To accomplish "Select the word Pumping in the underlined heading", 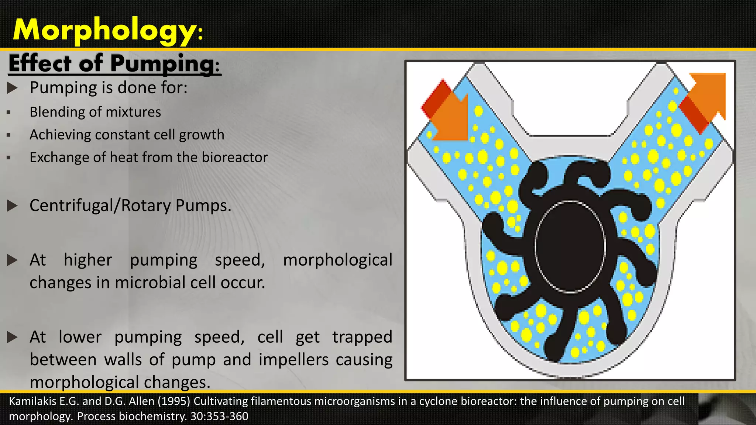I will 162,63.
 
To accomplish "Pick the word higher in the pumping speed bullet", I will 88,260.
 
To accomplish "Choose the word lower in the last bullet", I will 80,337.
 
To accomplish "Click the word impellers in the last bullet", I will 293,360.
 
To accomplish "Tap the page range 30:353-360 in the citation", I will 219,417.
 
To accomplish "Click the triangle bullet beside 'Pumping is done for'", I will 12,88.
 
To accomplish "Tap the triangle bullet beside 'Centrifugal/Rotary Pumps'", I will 12,206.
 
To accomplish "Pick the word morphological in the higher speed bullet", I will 337,260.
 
